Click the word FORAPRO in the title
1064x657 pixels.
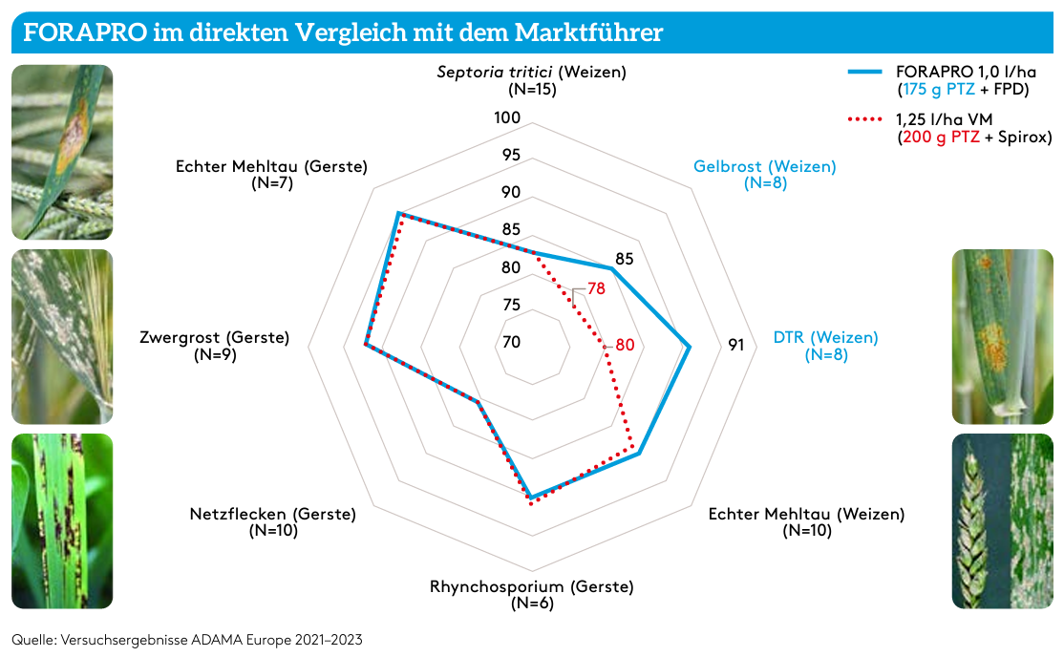(85, 32)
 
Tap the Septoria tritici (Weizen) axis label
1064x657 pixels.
(531, 80)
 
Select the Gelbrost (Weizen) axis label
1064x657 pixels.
(764, 174)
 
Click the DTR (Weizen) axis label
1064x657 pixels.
(825, 346)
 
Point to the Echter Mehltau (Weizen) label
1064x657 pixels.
(805, 521)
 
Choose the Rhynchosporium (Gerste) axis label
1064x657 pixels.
(531, 594)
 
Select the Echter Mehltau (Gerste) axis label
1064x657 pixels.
(271, 174)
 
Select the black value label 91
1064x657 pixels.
(735, 345)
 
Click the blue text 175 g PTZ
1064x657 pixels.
(941, 89)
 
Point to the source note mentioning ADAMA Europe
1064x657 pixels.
(187, 638)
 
